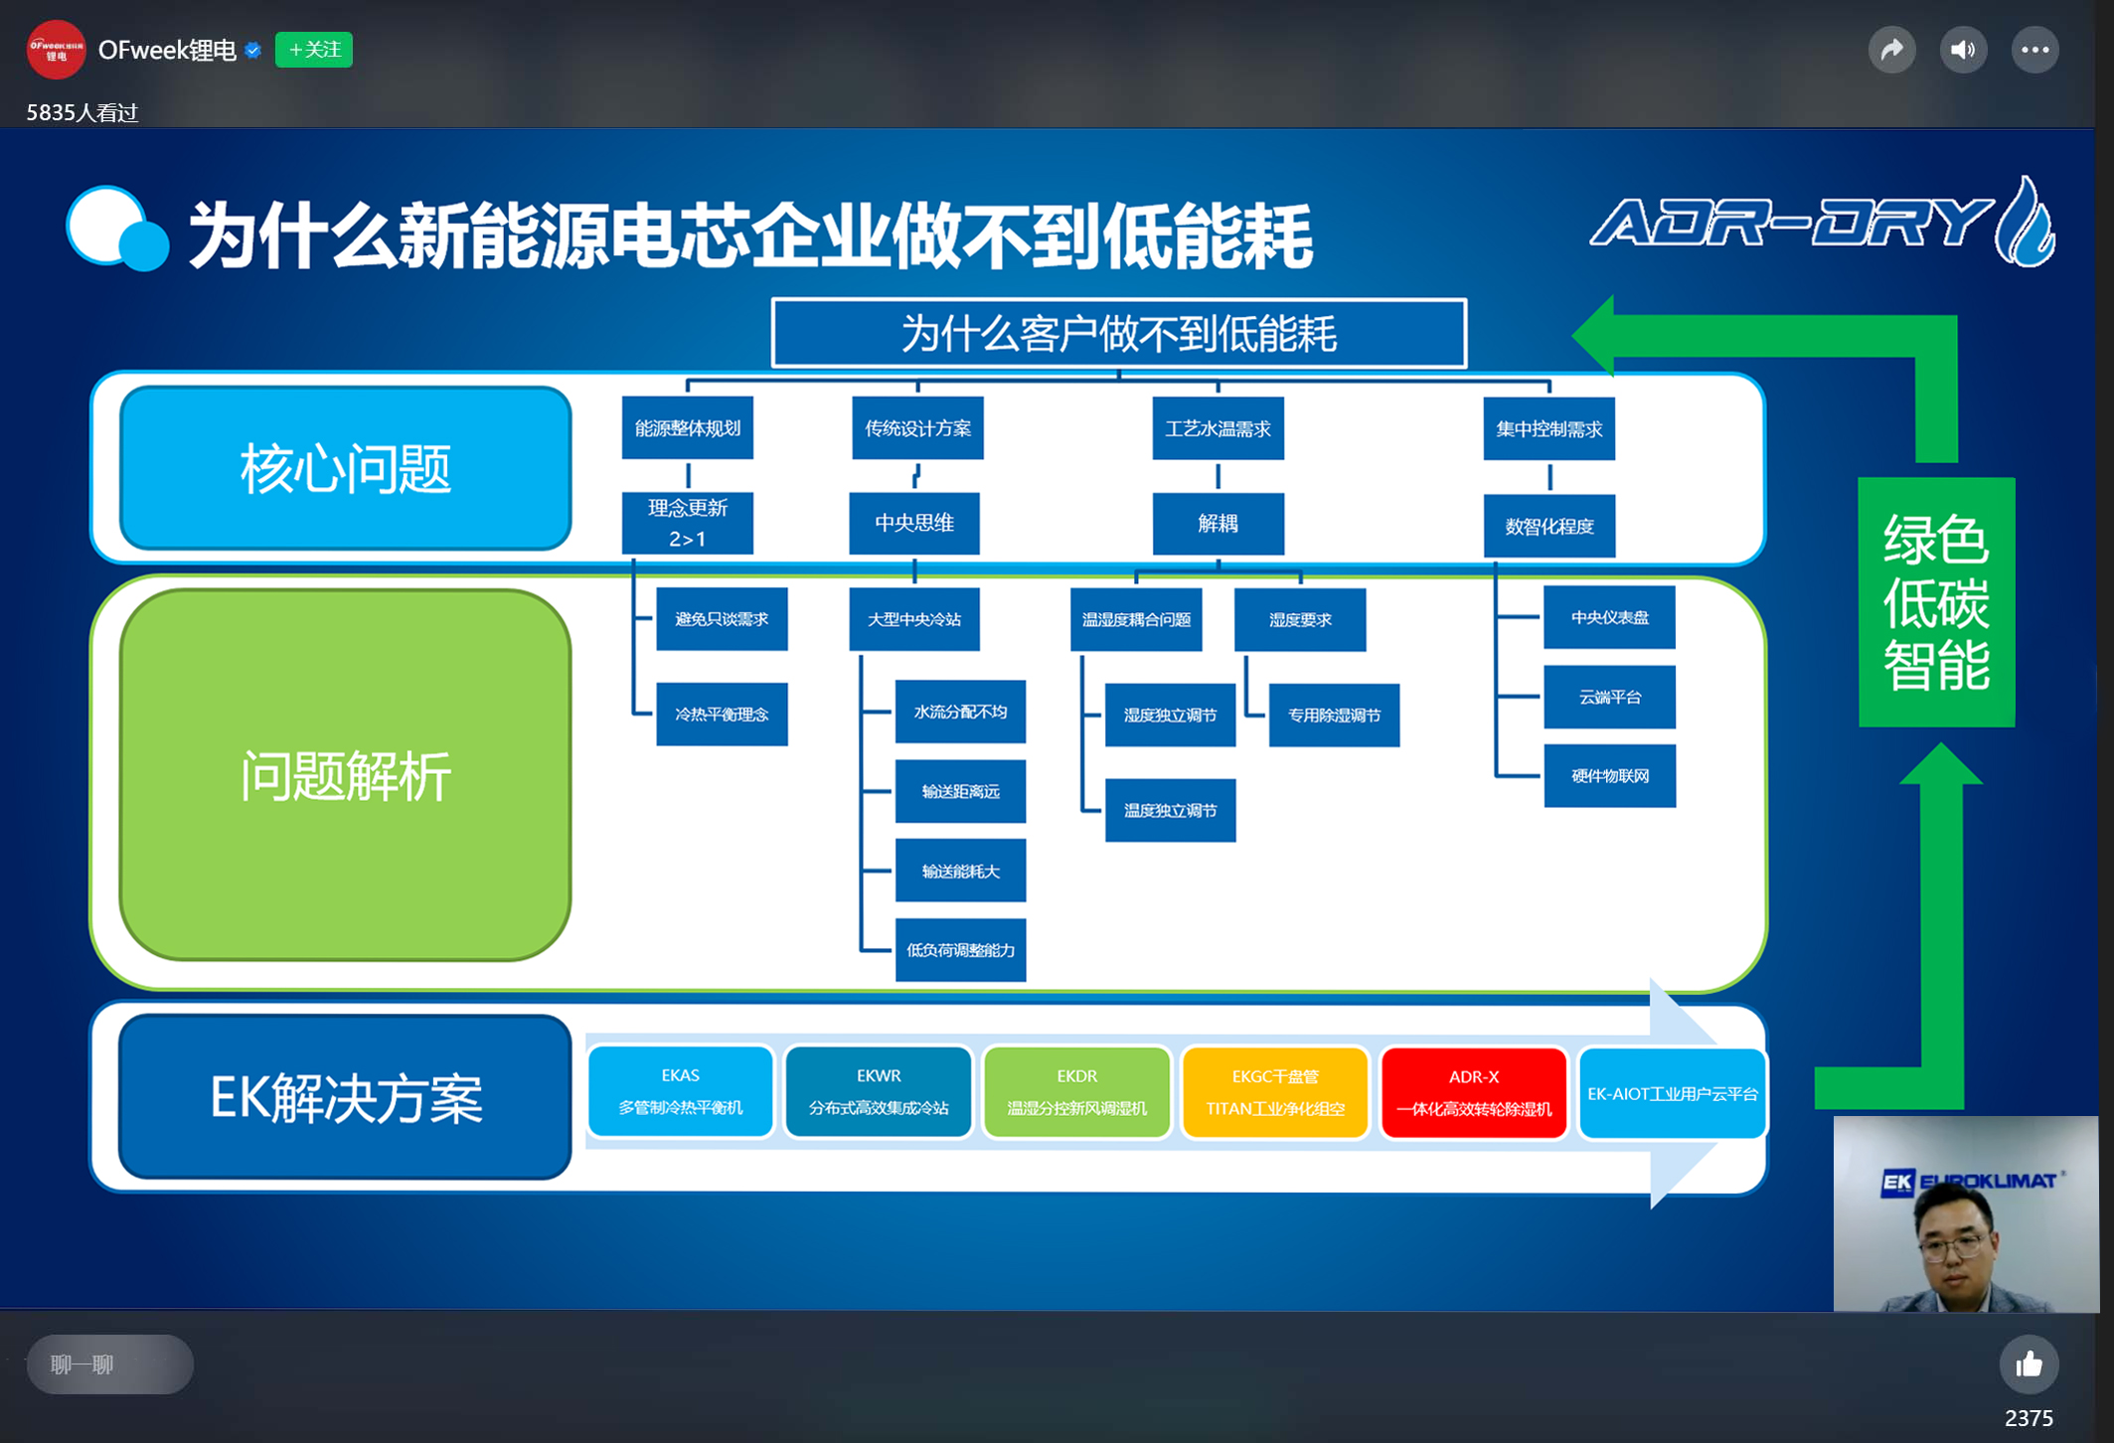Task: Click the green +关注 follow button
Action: [x=313, y=50]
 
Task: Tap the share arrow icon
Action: [x=1891, y=50]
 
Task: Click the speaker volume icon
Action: [x=1963, y=50]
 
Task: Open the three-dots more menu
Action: [x=2034, y=50]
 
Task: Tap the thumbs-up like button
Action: [x=2029, y=1364]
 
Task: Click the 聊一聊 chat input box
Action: [x=109, y=1364]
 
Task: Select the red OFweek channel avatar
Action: [x=56, y=50]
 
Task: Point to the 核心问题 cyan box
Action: [x=345, y=468]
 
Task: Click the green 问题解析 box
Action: [x=345, y=775]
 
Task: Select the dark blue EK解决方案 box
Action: [x=345, y=1097]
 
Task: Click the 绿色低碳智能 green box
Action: [x=1936, y=602]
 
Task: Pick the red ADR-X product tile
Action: [x=1473, y=1092]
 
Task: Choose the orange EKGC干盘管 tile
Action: [x=1275, y=1092]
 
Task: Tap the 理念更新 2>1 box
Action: [x=687, y=523]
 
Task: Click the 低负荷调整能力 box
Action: [x=960, y=951]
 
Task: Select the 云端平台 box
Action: [x=1609, y=697]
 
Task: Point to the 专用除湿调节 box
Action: [x=1334, y=715]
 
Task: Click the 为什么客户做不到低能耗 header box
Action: [x=1118, y=334]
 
